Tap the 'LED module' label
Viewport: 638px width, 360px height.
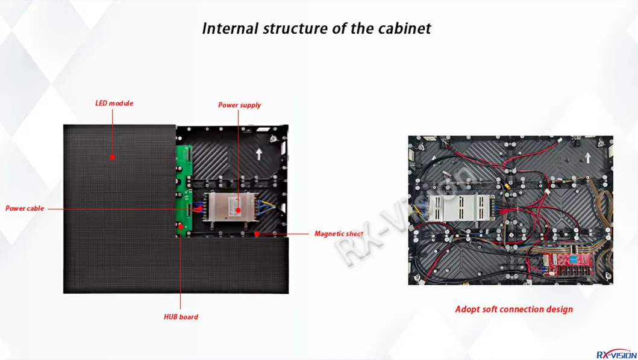click(114, 104)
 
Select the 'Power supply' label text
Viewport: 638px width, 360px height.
click(239, 105)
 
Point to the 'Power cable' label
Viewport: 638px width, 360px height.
click(25, 208)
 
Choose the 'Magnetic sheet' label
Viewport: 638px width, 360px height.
click(339, 234)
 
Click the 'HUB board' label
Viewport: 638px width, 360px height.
click(181, 317)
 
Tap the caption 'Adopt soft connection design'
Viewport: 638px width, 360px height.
click(514, 309)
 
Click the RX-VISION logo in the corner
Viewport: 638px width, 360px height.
click(616, 355)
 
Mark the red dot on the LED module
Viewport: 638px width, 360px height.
click(112, 157)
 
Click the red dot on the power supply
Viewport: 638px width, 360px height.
click(238, 210)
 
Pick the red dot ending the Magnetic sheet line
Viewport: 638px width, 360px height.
click(257, 234)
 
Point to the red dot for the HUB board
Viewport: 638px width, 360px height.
click(180, 226)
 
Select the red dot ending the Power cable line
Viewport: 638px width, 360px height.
click(200, 209)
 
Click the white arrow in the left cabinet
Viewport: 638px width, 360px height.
click(259, 154)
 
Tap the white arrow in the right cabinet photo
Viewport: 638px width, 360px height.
click(587, 158)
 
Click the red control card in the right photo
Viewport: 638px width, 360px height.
click(568, 263)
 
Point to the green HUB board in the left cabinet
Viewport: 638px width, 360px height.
click(184, 191)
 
